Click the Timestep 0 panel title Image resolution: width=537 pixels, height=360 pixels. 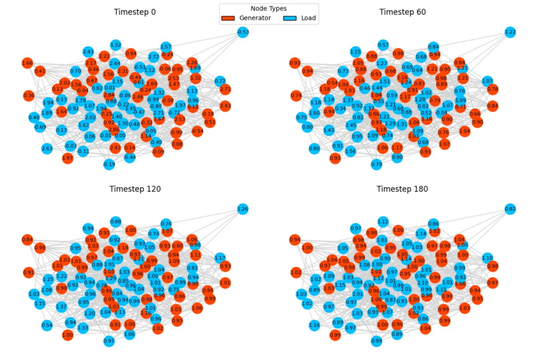pyautogui.click(x=134, y=12)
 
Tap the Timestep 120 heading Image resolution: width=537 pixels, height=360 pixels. pyautogui.click(x=134, y=189)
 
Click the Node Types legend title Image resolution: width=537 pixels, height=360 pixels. pyautogui.click(x=268, y=9)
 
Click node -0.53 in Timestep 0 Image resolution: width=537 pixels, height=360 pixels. pyautogui.click(x=243, y=32)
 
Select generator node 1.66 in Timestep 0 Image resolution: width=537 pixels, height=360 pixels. pyautogui.click(x=27, y=63)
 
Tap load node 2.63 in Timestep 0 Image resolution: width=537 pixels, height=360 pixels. pyautogui.click(x=47, y=149)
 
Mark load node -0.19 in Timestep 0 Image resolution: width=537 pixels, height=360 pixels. pyautogui.click(x=109, y=164)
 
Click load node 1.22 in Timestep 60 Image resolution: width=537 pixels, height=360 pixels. pyautogui.click(x=510, y=32)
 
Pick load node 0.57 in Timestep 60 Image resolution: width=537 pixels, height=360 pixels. pyautogui.click(x=383, y=45)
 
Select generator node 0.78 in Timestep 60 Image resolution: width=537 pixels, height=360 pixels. pyautogui.click(x=493, y=89)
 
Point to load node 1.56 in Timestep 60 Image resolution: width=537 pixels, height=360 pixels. pyautogui.click(x=350, y=151)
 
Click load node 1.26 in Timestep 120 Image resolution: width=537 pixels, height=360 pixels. pyautogui.click(x=243, y=209)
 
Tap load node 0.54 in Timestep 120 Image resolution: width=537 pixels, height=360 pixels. pyautogui.click(x=47, y=325)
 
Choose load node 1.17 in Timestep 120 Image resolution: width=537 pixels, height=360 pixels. pyautogui.click(x=220, y=258)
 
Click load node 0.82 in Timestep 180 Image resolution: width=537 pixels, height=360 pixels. pyautogui.click(x=510, y=209)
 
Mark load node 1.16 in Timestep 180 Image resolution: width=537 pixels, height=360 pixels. pyautogui.click(x=315, y=325)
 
